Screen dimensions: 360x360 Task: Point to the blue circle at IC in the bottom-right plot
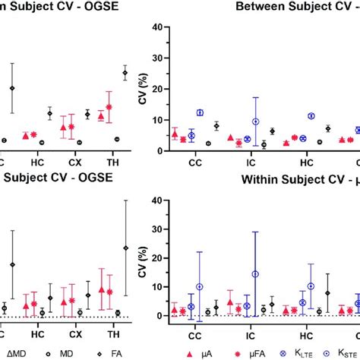click(x=255, y=274)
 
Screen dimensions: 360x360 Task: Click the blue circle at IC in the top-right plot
click(x=256, y=122)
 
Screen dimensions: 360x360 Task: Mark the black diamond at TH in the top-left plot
click(x=125, y=73)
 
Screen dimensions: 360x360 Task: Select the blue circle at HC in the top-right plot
click(x=311, y=116)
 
